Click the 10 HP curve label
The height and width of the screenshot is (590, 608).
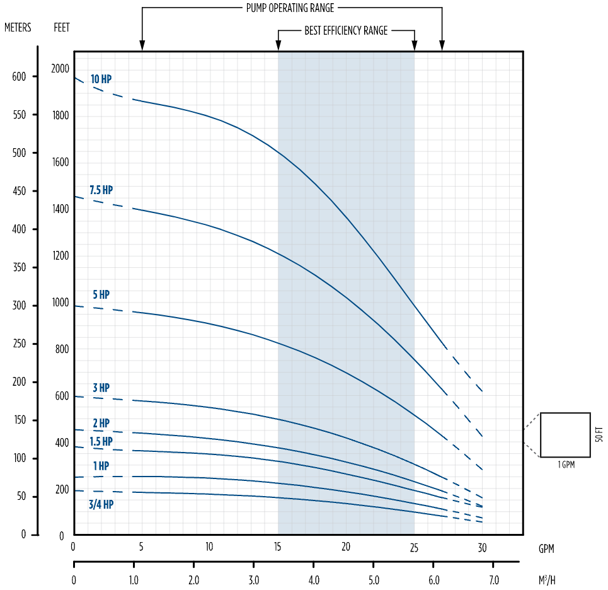101,79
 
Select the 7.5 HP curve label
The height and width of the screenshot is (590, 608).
101,190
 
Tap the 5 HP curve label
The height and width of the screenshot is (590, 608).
101,295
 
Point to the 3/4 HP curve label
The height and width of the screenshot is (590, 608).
101,505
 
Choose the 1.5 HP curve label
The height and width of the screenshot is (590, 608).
101,442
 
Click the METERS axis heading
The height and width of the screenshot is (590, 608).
18,28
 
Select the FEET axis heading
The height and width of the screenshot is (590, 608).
62,28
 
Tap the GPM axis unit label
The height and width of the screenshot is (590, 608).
546,549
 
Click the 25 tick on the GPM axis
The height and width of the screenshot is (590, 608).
414,547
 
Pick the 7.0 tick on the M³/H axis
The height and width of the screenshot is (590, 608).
493,579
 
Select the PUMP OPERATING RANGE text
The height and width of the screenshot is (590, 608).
290,8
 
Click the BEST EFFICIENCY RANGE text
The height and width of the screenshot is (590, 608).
346,30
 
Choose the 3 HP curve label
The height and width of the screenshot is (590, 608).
101,388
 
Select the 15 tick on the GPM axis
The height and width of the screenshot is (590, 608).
278,547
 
